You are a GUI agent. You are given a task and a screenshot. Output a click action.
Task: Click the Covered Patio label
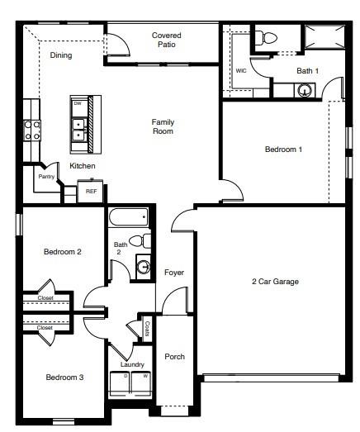pos(166,40)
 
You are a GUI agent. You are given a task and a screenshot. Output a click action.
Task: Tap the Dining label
pos(61,56)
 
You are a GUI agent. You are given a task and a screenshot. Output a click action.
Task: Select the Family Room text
pos(162,126)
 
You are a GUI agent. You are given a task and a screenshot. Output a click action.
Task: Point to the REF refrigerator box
pos(91,191)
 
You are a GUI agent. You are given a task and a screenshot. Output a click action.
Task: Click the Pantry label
pos(46,177)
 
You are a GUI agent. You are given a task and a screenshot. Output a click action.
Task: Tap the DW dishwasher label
pos(78,104)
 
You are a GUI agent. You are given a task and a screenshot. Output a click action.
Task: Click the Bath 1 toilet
pos(266,38)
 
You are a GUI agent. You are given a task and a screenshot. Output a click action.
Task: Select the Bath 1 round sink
pos(306,89)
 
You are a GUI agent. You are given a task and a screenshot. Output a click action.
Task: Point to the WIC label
pos(241,71)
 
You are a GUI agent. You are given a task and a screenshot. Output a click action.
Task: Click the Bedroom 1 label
pos(283,150)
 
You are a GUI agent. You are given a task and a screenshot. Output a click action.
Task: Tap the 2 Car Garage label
pos(275,282)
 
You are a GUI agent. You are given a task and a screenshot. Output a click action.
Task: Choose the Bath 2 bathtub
pos(128,217)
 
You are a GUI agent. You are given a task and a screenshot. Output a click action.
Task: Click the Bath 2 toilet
pos(142,241)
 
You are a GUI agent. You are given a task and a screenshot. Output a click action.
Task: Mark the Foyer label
pos(173,273)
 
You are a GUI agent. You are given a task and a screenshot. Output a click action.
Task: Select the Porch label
pos(174,357)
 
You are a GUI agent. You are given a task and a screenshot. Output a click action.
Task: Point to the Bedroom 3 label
pos(64,377)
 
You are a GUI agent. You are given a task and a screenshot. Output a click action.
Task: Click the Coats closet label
pos(146,327)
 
